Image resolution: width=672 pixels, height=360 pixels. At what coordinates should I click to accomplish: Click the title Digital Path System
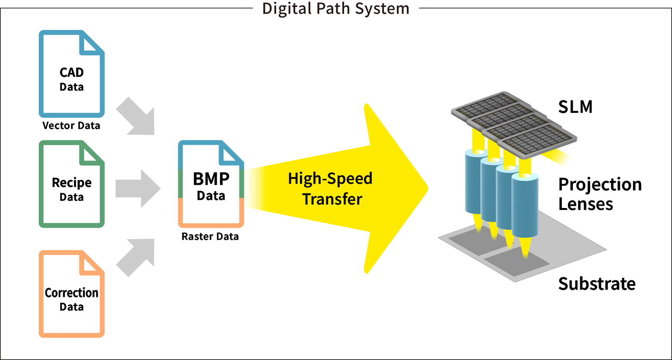click(336, 8)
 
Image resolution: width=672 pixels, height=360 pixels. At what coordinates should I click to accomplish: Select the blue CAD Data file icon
click(72, 74)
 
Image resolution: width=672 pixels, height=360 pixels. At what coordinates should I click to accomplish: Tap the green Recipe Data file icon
click(72, 184)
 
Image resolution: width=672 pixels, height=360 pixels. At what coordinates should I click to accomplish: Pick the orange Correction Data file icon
click(72, 294)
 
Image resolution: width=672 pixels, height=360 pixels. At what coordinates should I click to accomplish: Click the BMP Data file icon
click(211, 184)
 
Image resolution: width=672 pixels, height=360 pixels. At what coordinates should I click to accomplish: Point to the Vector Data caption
click(71, 126)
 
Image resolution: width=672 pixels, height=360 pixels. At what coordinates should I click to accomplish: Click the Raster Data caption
click(210, 236)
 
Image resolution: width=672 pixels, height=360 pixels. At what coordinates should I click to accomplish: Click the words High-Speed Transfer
click(330, 188)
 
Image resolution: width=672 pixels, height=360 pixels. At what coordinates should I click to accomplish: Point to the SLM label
click(575, 107)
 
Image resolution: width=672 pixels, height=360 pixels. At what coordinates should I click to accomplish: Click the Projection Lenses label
click(600, 194)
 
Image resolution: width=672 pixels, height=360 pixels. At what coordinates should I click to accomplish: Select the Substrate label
click(597, 284)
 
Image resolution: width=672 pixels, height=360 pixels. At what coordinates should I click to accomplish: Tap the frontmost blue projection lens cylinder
click(525, 206)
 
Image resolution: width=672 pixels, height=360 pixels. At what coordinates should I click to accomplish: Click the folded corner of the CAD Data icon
click(91, 43)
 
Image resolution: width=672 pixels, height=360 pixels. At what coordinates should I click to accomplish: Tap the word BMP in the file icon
click(211, 179)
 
